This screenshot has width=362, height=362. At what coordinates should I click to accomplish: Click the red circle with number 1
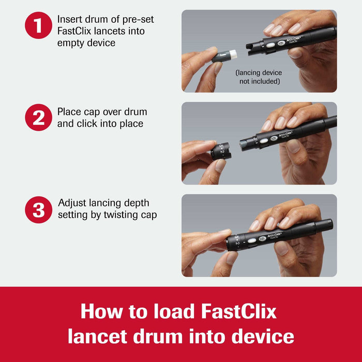point(38,24)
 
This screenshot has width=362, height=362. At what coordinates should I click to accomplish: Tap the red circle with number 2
point(38,117)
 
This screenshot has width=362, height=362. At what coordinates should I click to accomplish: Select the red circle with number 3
point(38,210)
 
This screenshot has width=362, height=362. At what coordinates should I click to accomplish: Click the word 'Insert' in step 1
point(69,20)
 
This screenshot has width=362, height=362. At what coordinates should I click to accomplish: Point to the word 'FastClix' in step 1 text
point(74,32)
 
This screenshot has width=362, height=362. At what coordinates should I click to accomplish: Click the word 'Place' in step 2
point(69,112)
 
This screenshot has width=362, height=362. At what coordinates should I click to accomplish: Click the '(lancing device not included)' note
point(259,77)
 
